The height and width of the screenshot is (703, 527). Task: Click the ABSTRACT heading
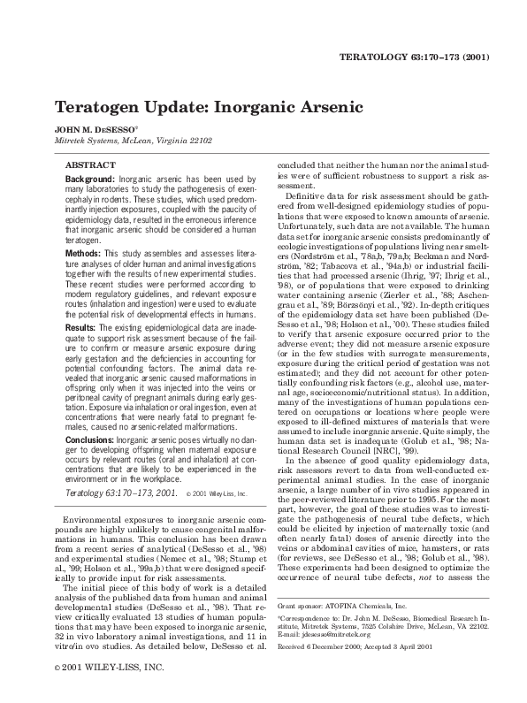click(93, 165)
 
